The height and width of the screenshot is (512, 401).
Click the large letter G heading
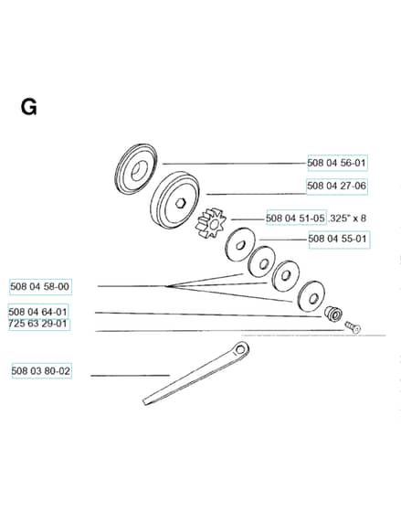[x=28, y=107]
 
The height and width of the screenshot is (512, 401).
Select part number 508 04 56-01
[x=337, y=163]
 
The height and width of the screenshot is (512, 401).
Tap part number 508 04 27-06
[x=336, y=186]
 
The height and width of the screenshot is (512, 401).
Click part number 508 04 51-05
[x=296, y=218]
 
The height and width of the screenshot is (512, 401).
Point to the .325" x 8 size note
[x=347, y=218]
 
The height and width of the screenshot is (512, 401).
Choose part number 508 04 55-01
[x=338, y=239]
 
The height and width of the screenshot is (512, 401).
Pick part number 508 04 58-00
[x=40, y=286]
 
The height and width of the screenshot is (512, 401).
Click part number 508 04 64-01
[x=37, y=312]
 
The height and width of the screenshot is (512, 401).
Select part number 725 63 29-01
[x=37, y=324]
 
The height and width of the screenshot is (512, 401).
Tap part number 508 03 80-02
[x=41, y=371]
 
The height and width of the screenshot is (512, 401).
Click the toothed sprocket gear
[x=211, y=223]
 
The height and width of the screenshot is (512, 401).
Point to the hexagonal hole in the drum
[x=179, y=204]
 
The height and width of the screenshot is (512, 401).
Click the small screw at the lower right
[x=353, y=327]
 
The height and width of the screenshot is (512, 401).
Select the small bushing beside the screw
[x=332, y=314]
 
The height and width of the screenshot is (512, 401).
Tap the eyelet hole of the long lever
[x=241, y=349]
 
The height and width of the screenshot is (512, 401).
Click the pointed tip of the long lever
[x=144, y=401]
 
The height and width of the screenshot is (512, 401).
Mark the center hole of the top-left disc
[x=137, y=170]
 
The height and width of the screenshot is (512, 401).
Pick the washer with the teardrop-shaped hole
[x=240, y=245]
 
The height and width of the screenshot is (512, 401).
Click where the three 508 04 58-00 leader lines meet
[x=166, y=286]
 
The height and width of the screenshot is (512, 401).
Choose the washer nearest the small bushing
[x=311, y=296]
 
